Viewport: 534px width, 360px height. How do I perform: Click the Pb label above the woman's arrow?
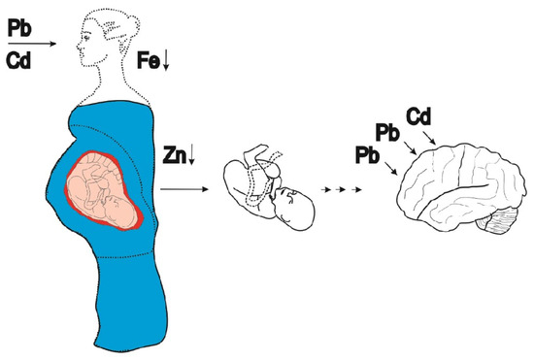tap(19, 28)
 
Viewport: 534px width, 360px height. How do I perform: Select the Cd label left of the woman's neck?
tap(18, 61)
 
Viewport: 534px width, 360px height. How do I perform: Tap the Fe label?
tap(149, 60)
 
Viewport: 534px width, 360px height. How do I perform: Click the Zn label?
tap(175, 155)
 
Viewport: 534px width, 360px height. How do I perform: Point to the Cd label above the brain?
tap(418, 116)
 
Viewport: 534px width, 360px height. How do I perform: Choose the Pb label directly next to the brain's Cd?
tap(387, 133)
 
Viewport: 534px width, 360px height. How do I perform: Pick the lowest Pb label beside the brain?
tap(367, 155)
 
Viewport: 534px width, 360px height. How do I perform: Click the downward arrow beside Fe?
tap(166, 61)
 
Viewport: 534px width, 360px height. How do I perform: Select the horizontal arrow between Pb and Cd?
tap(32, 44)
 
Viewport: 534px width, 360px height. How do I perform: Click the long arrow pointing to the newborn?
tap(184, 189)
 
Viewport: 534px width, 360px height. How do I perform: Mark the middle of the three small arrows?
tap(341, 189)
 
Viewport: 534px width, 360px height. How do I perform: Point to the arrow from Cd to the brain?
tap(429, 138)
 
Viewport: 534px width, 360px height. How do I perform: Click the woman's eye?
tap(86, 36)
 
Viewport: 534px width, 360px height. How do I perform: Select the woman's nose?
tap(79, 45)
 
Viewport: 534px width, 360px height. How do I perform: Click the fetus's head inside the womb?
tap(119, 211)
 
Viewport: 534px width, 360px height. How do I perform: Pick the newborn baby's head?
tap(295, 208)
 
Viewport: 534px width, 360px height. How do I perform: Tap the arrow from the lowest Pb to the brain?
tap(391, 169)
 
